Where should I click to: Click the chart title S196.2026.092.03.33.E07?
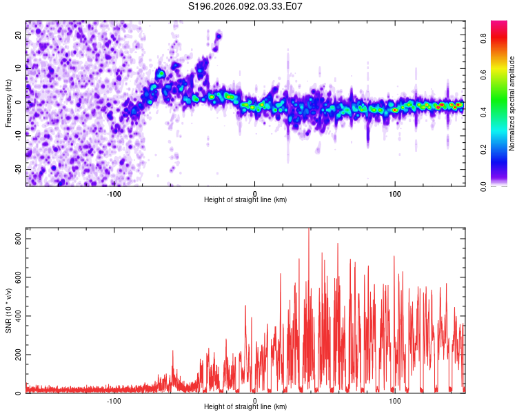click(x=246, y=7)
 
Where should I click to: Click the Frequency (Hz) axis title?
click(x=8, y=103)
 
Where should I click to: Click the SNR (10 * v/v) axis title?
click(x=8, y=310)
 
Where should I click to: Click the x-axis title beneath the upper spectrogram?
click(x=245, y=200)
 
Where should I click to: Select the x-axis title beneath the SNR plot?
click(x=245, y=407)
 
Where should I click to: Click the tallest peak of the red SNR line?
click(x=308, y=230)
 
